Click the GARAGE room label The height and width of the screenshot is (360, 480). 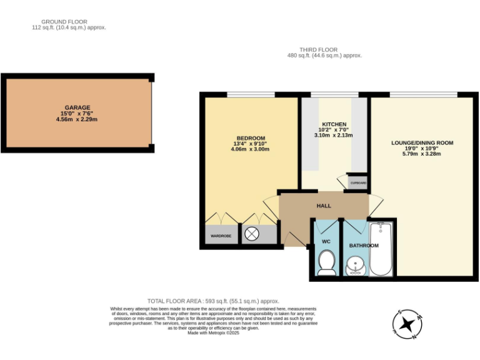tap(77, 107)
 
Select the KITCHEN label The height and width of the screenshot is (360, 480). tap(334, 124)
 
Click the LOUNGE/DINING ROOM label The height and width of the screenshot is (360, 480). tap(422, 142)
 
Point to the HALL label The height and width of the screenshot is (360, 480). tap(324, 206)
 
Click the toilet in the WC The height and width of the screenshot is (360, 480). tap(326, 262)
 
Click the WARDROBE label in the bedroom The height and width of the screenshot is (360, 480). tap(221, 236)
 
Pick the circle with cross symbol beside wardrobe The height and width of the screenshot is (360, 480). tap(252, 234)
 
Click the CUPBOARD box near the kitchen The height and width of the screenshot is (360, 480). tap(358, 182)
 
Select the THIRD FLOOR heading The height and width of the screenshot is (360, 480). tap(318, 49)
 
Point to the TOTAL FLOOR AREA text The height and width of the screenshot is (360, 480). tap(212, 301)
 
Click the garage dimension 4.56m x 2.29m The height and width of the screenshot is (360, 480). tap(77, 119)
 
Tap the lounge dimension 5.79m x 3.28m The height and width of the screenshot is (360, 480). tap(422, 154)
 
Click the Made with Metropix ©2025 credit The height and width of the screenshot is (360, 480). tap(213, 332)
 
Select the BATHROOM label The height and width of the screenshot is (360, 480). tap(364, 246)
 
